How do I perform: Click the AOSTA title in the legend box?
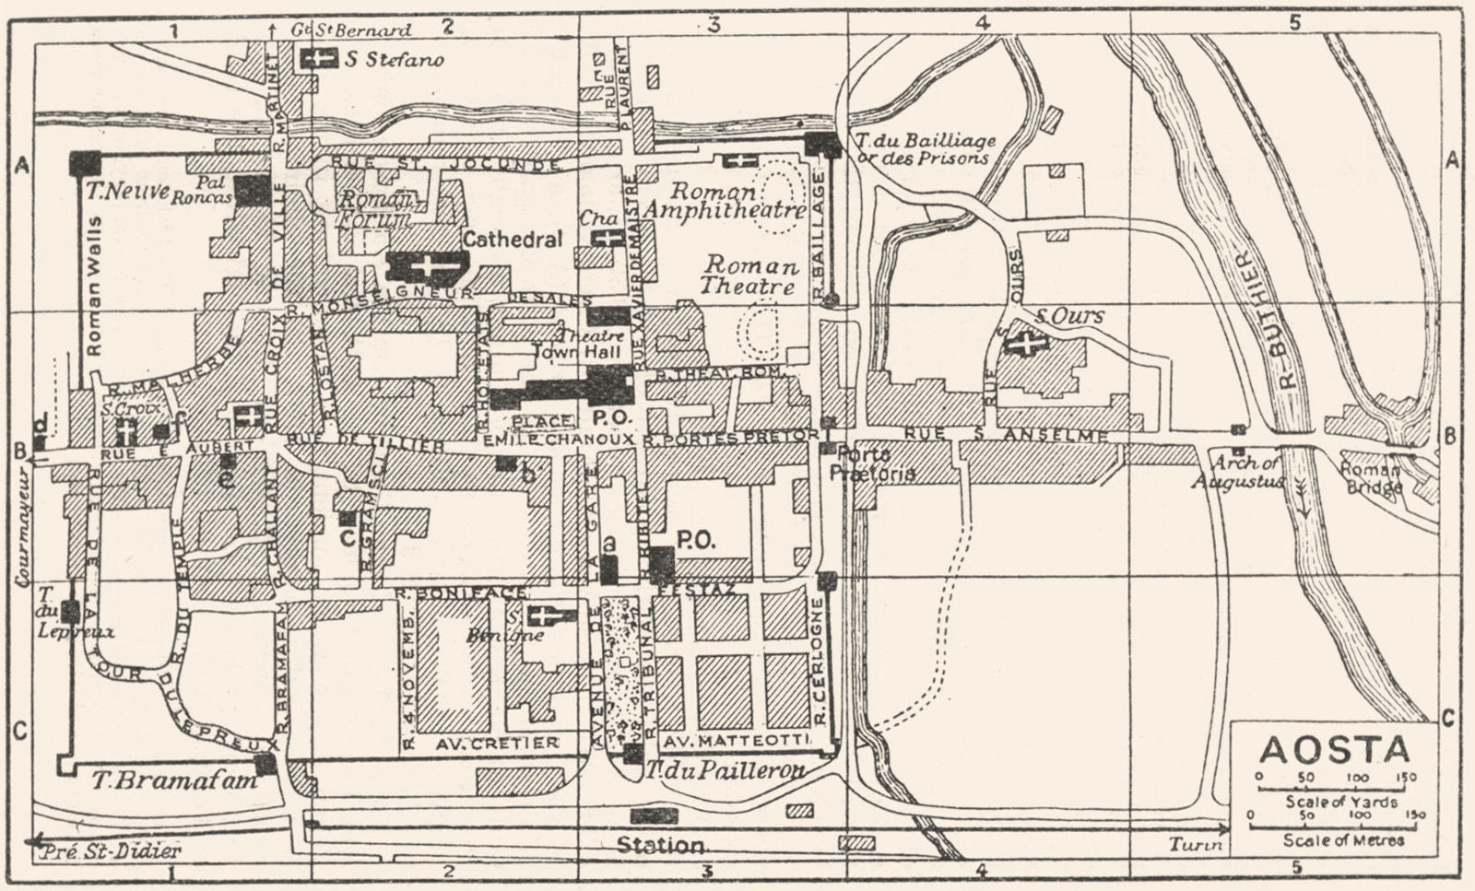(1333, 749)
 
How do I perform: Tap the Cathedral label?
(512, 239)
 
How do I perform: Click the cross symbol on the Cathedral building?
(427, 266)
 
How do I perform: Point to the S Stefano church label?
(394, 60)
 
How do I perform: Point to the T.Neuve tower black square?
(84, 162)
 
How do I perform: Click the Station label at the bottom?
(660, 844)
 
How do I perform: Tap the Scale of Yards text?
(1341, 802)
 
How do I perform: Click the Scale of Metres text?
(1344, 839)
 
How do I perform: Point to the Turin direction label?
(1198, 844)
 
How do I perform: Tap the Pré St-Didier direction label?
(112, 850)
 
